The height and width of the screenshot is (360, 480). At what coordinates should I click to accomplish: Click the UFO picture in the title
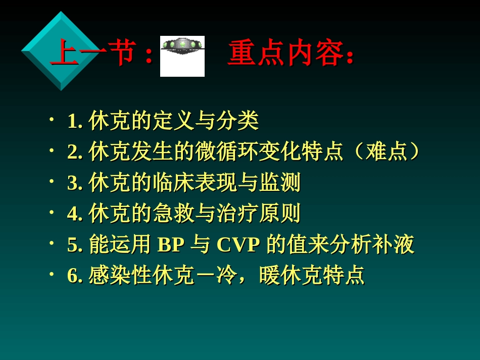pos(182,56)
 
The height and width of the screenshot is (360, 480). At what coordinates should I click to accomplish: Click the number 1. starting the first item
pos(75,121)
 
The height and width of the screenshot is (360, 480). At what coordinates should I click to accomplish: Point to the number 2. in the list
pos(75,152)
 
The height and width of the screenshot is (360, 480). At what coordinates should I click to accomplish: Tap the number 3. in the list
pos(75,183)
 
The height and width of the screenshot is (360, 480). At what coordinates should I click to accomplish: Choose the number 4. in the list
pos(75,214)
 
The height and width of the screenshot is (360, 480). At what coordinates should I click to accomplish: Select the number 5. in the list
pos(75,245)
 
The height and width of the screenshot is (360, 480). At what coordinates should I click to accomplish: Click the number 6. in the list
pos(75,276)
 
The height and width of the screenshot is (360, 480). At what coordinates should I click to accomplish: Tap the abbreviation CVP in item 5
pos(238,245)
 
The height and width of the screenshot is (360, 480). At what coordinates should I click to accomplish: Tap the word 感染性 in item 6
pos(120,276)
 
